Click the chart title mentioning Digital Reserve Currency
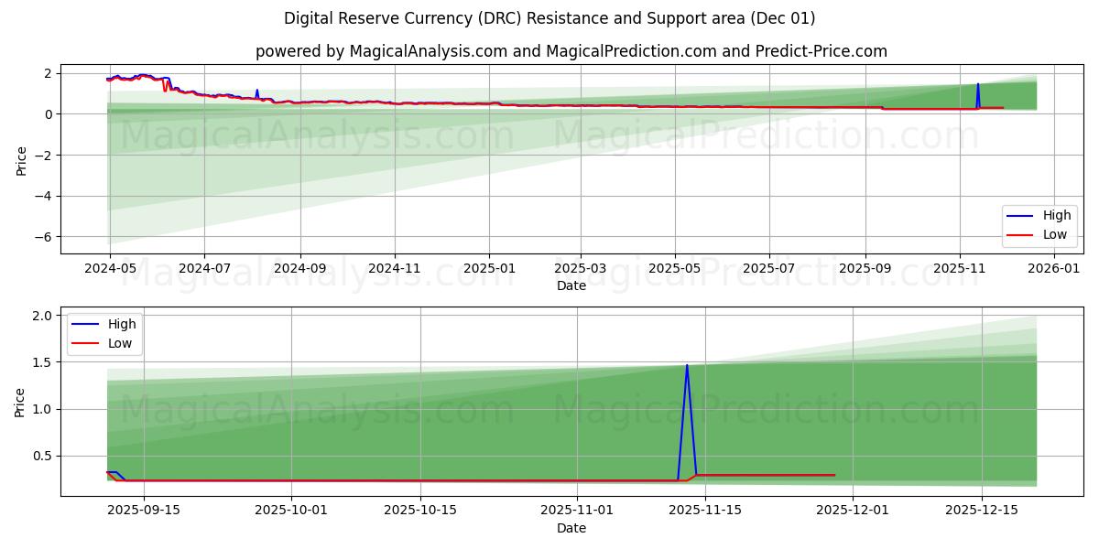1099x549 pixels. click(549, 18)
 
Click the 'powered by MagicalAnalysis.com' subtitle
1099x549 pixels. click(571, 51)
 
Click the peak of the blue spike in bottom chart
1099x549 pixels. click(687, 366)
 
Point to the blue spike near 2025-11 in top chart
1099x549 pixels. click(977, 85)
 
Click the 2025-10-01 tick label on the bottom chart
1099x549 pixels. click(291, 511)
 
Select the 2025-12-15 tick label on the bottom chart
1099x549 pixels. click(982, 511)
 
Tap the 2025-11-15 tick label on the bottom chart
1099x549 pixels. click(705, 511)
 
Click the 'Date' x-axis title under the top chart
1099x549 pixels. click(571, 286)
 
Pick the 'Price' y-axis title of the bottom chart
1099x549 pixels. click(20, 402)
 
